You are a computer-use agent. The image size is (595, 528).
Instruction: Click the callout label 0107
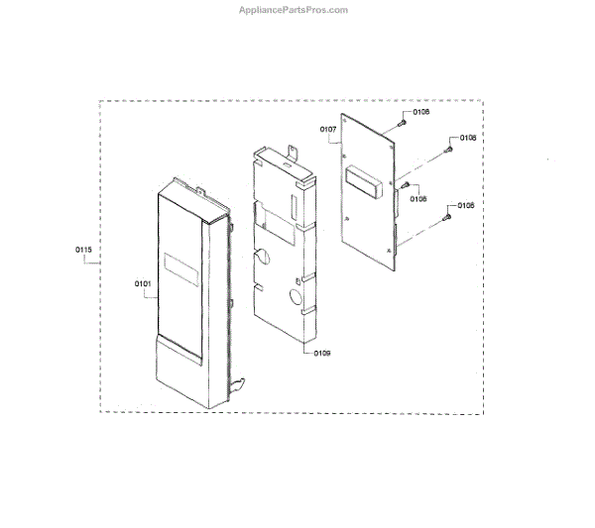(329, 130)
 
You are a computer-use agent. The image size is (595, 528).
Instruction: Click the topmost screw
(402, 122)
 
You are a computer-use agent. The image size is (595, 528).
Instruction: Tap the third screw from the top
(408, 184)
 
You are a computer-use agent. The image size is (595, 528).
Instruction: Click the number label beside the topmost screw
(421, 113)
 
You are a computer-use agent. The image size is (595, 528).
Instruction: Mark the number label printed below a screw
(417, 199)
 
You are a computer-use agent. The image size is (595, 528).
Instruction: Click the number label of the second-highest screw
(466, 138)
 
